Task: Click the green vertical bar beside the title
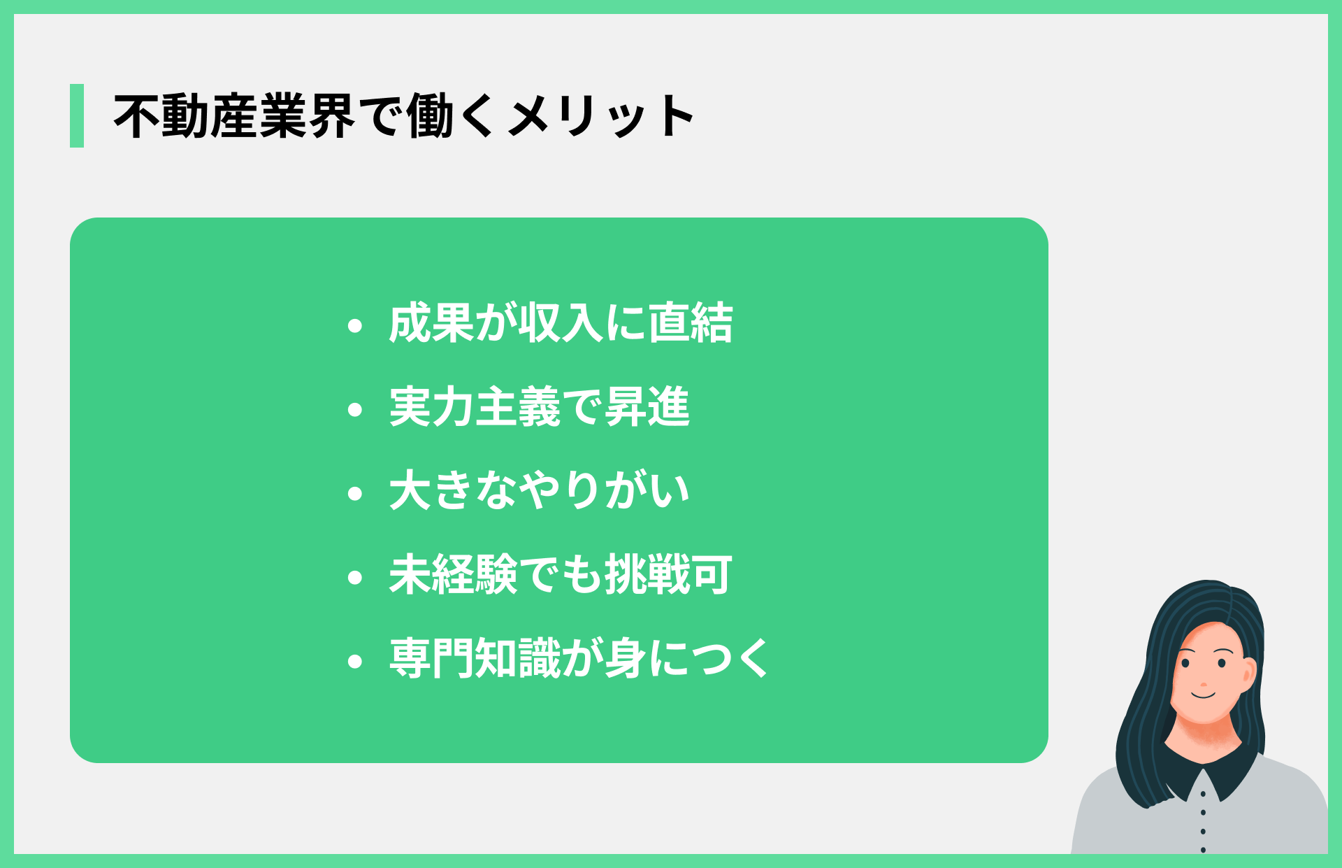click(77, 115)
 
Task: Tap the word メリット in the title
click(601, 116)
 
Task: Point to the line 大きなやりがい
click(539, 490)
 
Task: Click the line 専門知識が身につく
click(579, 658)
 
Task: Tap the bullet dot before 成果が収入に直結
click(355, 325)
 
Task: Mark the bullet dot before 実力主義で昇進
click(355, 409)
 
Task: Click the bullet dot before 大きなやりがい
click(355, 493)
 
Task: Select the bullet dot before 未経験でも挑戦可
click(355, 577)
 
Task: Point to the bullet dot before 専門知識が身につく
click(355, 661)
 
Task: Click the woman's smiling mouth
click(1204, 695)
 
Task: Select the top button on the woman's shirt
click(1203, 794)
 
